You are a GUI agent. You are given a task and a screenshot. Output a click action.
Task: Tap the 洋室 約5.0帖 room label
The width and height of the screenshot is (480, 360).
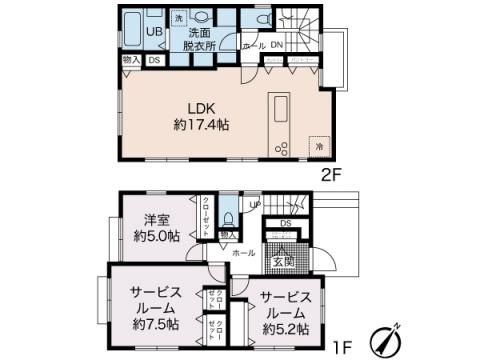click(x=157, y=228)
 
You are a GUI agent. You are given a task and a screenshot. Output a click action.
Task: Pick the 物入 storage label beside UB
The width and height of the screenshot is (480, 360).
click(x=131, y=61)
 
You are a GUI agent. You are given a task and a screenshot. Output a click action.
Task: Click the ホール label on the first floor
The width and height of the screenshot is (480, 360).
click(x=243, y=254)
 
